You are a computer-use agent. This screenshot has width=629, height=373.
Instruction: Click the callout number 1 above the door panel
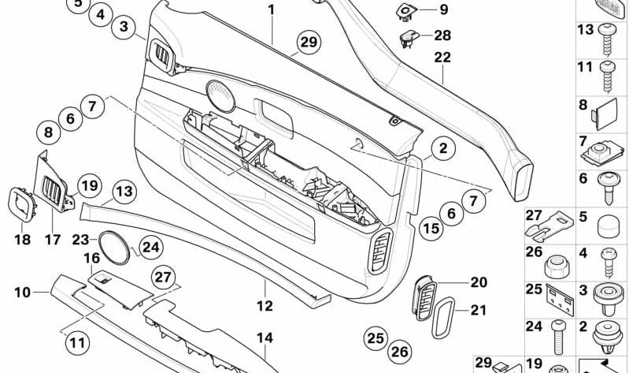point(272,9)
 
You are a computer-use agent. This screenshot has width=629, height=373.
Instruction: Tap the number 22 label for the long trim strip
point(442,57)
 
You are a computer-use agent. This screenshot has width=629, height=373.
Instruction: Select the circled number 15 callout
point(431,229)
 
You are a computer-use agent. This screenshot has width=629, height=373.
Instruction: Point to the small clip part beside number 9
point(406,12)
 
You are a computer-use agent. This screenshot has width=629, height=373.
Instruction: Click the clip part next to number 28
point(409,38)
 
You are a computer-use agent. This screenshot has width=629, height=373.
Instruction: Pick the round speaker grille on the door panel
point(220,96)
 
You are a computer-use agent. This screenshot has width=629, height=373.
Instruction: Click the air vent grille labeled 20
point(424,298)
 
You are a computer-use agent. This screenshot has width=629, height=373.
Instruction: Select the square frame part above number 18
point(22,204)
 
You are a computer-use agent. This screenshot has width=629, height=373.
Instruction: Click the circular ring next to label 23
point(114,248)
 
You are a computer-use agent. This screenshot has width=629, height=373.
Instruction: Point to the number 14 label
point(265,338)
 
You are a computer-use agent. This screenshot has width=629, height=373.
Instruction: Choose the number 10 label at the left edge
point(23,293)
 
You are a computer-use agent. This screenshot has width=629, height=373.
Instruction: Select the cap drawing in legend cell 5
point(609,228)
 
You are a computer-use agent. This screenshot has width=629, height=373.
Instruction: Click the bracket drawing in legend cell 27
point(549,227)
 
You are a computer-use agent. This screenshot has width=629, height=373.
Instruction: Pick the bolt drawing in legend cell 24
point(558,338)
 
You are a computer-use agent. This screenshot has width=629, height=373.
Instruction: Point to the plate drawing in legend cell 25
point(560,300)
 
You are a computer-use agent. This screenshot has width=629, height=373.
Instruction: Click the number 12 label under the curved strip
point(265,306)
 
